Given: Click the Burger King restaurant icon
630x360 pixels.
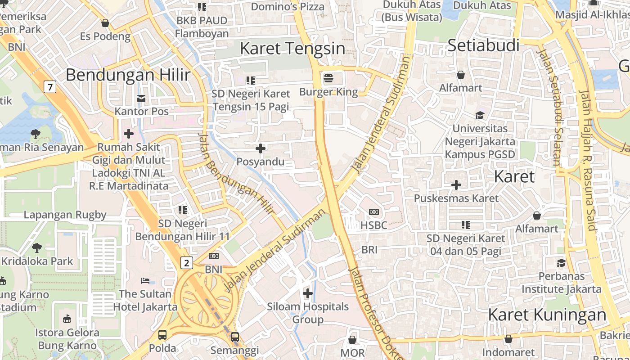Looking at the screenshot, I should pyautogui.click(x=328, y=78).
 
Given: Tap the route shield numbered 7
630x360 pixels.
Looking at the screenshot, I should pyautogui.click(x=50, y=86).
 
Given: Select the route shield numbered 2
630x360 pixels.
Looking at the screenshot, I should pyautogui.click(x=187, y=262).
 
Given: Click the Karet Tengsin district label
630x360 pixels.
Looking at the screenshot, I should pyautogui.click(x=292, y=48).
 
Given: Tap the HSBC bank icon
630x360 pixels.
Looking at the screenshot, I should pyautogui.click(x=373, y=212).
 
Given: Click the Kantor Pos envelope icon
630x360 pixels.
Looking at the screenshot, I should pyautogui.click(x=141, y=98).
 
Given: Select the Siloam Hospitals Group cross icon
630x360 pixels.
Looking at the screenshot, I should pyautogui.click(x=308, y=294).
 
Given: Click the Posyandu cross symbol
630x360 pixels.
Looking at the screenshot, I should pyautogui.click(x=261, y=148).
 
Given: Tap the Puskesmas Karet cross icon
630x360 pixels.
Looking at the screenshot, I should pyautogui.click(x=456, y=185).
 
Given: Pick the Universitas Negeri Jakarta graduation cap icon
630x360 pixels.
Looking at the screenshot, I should pyautogui.click(x=480, y=115).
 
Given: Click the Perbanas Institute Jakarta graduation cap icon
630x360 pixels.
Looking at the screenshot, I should pyautogui.click(x=561, y=263).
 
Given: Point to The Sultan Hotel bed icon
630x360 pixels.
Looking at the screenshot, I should pyautogui.click(x=145, y=281).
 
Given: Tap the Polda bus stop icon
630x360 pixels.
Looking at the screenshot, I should pyautogui.click(x=162, y=335).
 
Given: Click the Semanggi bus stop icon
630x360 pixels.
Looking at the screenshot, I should pyautogui.click(x=234, y=337).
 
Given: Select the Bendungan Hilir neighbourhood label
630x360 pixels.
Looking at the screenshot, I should pyautogui.click(x=128, y=75).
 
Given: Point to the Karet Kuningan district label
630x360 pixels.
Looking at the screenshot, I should pyautogui.click(x=547, y=315).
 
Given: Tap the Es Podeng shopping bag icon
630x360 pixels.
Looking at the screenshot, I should pyautogui.click(x=105, y=23).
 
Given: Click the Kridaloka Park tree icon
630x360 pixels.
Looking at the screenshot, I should pyautogui.click(x=37, y=247).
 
